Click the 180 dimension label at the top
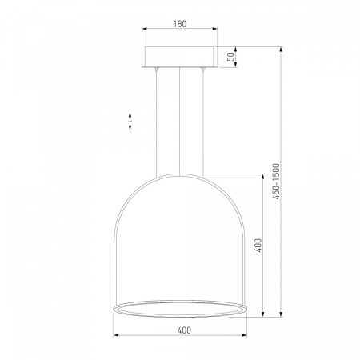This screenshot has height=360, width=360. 180,24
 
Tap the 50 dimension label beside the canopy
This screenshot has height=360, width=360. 231,57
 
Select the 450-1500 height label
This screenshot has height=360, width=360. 277,182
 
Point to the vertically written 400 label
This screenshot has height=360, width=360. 258,246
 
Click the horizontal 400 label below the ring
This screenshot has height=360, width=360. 184,330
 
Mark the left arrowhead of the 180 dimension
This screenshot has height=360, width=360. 145,29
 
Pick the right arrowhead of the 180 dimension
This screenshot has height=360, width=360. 214,29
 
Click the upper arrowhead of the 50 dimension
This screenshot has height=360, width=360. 236,50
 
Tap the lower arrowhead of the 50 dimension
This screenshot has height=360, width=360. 236,64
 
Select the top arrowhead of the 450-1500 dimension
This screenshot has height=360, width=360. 281,50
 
